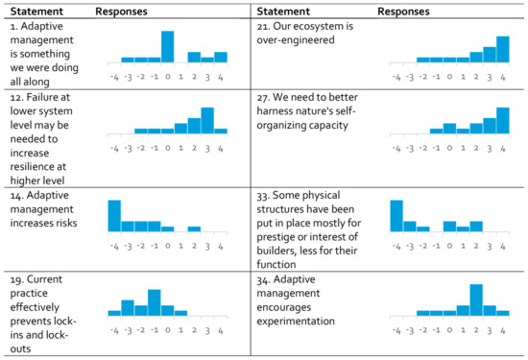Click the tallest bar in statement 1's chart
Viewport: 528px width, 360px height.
tap(167, 46)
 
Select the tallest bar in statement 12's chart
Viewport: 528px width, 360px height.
tap(207, 120)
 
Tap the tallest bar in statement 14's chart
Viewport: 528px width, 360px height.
tap(114, 215)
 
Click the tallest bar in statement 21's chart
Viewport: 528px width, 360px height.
tap(502, 49)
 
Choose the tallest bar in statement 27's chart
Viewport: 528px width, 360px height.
tap(502, 120)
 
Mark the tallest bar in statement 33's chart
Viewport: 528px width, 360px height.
tap(396, 215)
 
